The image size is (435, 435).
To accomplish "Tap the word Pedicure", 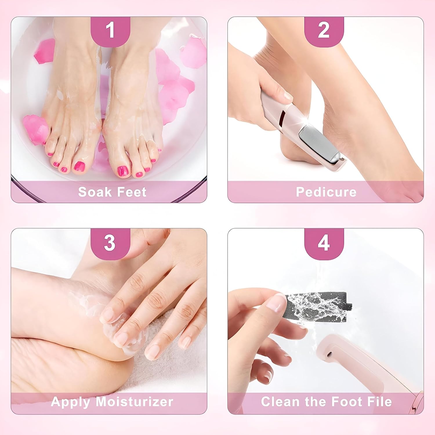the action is pyautogui.click(x=326, y=192).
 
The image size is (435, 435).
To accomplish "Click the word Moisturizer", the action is pyautogui.click(x=134, y=402).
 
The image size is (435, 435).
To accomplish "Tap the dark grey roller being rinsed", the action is pyautogui.click(x=318, y=306).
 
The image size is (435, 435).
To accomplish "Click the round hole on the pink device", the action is pyautogui.click(x=330, y=354).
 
